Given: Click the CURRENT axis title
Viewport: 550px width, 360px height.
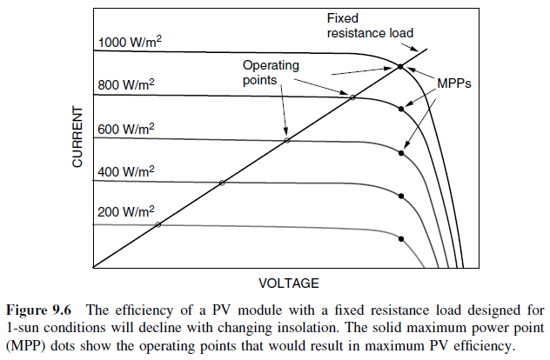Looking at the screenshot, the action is pyautogui.click(x=77, y=137).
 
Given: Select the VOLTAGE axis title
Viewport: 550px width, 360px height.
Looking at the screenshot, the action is pyautogui.click(x=289, y=283).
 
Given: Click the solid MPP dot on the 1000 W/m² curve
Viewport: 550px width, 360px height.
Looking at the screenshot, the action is pyautogui.click(x=400, y=66).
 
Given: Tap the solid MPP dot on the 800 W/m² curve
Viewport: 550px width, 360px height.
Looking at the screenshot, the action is pyautogui.click(x=400, y=109).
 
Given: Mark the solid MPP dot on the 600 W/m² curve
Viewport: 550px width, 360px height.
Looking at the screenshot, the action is pyautogui.click(x=400, y=153).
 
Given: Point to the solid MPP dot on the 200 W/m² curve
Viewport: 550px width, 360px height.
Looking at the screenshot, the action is pyautogui.click(x=400, y=238).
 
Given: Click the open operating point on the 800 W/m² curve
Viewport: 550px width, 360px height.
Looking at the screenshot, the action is pyautogui.click(x=352, y=97).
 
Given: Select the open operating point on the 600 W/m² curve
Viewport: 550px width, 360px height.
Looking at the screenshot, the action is pyautogui.click(x=287, y=140).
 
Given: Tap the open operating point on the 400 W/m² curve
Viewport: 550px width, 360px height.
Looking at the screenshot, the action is pyautogui.click(x=222, y=183).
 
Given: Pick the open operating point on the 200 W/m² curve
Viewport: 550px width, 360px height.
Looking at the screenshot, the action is pyautogui.click(x=158, y=224).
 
